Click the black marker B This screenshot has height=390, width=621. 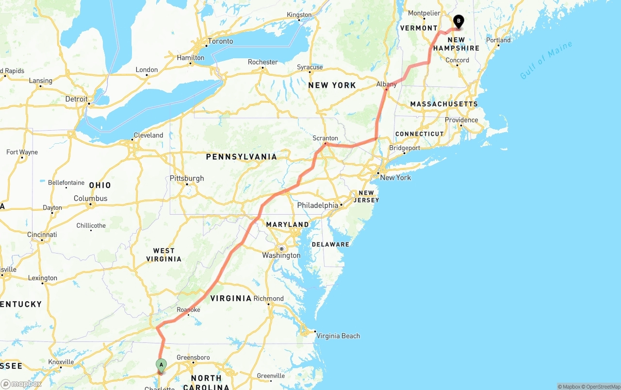click(x=458, y=21)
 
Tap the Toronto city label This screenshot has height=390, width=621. click(x=220, y=41)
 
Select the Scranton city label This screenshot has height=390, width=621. click(x=325, y=138)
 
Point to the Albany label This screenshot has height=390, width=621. click(x=387, y=85)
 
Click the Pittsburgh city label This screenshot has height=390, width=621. click(x=187, y=178)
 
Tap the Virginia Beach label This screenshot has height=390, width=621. click(x=338, y=336)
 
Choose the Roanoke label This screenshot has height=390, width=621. click(x=188, y=309)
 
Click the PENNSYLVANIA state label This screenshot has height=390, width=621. click(x=241, y=157)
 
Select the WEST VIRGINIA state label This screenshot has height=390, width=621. click(x=164, y=255)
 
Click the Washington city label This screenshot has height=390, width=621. click(x=281, y=255)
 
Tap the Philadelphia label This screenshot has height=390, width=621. click(x=318, y=205)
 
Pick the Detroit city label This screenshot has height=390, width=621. click(x=77, y=99)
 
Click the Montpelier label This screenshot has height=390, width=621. click(x=424, y=13)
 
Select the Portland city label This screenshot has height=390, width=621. click(x=498, y=40)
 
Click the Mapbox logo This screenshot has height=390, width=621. click(x=21, y=384)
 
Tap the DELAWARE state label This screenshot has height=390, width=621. click(x=330, y=244)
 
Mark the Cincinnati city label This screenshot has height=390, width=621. click(x=42, y=235)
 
